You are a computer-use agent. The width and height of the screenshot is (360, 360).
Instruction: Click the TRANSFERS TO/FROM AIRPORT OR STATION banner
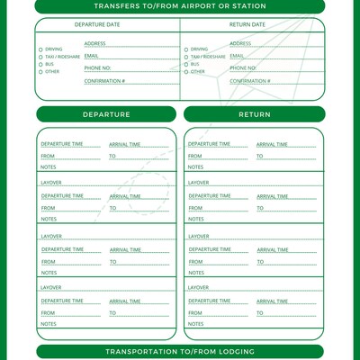pyautogui.click(x=180, y=6)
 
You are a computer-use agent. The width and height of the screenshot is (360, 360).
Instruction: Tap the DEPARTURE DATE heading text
pyautogui.click(x=96, y=24)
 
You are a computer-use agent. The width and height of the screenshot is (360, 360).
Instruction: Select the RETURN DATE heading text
pyautogui.click(x=247, y=24)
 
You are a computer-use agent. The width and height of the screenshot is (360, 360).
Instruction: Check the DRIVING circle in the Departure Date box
pyautogui.click(x=40, y=49)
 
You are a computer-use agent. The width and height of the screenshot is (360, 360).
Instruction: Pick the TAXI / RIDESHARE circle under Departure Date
pyautogui.click(x=40, y=57)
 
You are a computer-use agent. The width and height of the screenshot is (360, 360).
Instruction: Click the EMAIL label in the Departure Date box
pyautogui.click(x=91, y=56)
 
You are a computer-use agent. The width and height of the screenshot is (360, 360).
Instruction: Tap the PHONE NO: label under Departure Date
pyautogui.click(x=97, y=68)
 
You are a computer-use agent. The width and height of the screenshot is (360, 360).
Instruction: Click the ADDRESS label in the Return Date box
pyautogui.click(x=240, y=43)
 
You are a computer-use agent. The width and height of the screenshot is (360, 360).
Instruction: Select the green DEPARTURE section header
pyautogui.click(x=106, y=114)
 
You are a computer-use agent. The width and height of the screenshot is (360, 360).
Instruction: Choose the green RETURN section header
pyautogui.click(x=254, y=114)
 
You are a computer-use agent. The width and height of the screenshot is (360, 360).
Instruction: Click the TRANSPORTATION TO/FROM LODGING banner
pyautogui.click(x=180, y=351)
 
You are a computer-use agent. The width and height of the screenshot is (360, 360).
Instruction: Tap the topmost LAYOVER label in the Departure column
pyautogui.click(x=50, y=183)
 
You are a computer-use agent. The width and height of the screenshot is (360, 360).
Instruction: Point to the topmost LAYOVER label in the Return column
pyautogui.click(x=198, y=183)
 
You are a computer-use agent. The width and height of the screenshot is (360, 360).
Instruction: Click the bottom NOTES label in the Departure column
pyautogui.click(x=48, y=324)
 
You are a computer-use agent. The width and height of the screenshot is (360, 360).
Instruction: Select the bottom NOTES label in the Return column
pyautogui.click(x=195, y=324)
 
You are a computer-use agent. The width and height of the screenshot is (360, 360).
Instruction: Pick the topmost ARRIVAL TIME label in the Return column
pyautogui.click(x=272, y=144)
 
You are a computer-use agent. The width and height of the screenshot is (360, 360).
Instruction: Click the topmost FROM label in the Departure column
pyautogui.click(x=47, y=157)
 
